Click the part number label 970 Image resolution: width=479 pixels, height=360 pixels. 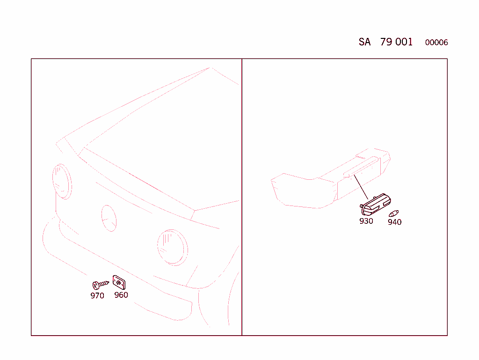(97, 295)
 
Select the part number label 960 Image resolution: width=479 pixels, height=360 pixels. (121, 295)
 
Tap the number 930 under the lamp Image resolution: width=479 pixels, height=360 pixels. (366, 221)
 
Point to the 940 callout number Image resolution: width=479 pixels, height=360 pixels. (394, 222)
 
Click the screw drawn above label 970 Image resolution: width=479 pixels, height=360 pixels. (101, 285)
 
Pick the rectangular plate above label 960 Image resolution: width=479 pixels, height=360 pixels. (119, 282)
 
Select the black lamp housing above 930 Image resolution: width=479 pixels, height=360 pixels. (376, 205)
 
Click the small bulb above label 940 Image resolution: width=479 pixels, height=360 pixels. (394, 213)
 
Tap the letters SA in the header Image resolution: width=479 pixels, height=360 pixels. (364, 42)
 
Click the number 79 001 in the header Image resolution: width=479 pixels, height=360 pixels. (396, 42)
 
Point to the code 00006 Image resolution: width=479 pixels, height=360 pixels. (436, 43)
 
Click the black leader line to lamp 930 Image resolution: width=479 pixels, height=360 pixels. (361, 187)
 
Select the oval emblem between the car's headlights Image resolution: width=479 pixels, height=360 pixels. (109, 218)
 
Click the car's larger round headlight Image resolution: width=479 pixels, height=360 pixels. (173, 247)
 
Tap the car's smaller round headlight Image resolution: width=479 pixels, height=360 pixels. (62, 182)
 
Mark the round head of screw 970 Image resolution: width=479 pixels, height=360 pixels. (95, 286)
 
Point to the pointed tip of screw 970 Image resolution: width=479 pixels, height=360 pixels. (109, 282)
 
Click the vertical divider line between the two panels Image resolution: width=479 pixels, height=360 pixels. (242, 197)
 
